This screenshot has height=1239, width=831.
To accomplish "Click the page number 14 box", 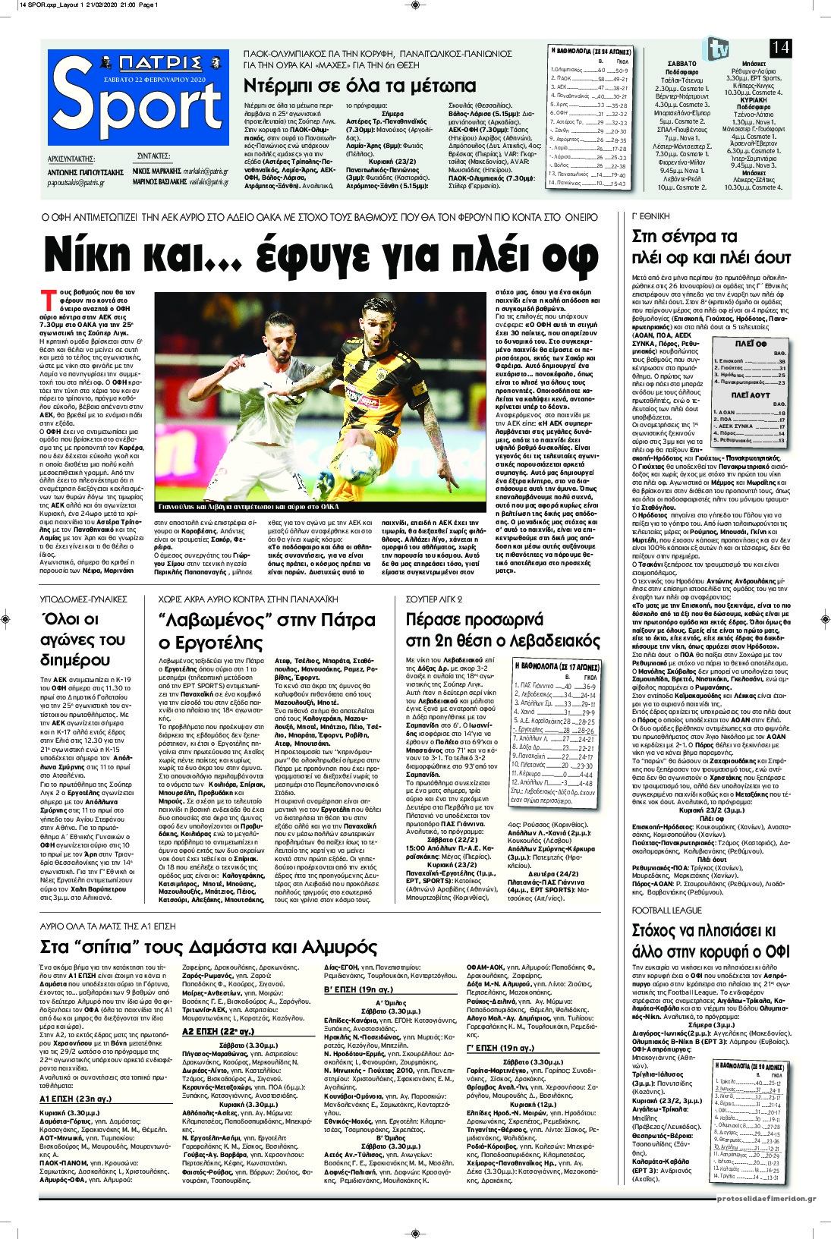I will [780, 47].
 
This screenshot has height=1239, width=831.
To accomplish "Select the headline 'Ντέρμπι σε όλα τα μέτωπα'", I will [360, 85].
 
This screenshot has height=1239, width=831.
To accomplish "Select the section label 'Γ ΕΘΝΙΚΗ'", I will [650, 215].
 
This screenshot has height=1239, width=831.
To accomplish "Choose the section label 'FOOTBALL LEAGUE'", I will [667, 910].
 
